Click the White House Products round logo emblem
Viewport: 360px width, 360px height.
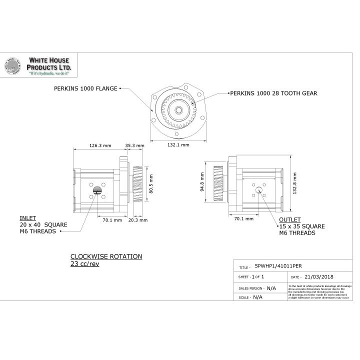coord(14,66)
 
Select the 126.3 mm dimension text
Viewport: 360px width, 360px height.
coord(99,145)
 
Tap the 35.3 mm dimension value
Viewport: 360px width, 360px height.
coord(134,145)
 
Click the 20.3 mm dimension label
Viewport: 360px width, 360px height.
coord(137,219)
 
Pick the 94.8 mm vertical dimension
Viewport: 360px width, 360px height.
coord(202,182)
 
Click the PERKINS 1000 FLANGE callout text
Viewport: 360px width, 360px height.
coord(85,88)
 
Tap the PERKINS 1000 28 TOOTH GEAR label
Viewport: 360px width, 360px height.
coord(273,93)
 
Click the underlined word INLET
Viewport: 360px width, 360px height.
coord(27,218)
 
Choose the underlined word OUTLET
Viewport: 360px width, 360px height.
coord(290,219)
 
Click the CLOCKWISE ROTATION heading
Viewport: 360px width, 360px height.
coord(106,256)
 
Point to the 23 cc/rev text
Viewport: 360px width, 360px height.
coord(84,263)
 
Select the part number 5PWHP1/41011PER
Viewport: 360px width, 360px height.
coord(278,266)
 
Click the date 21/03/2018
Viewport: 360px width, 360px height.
coord(318,276)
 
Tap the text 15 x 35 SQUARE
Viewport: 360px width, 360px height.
coord(302,226)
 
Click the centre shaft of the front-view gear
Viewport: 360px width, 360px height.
coord(177,108)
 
